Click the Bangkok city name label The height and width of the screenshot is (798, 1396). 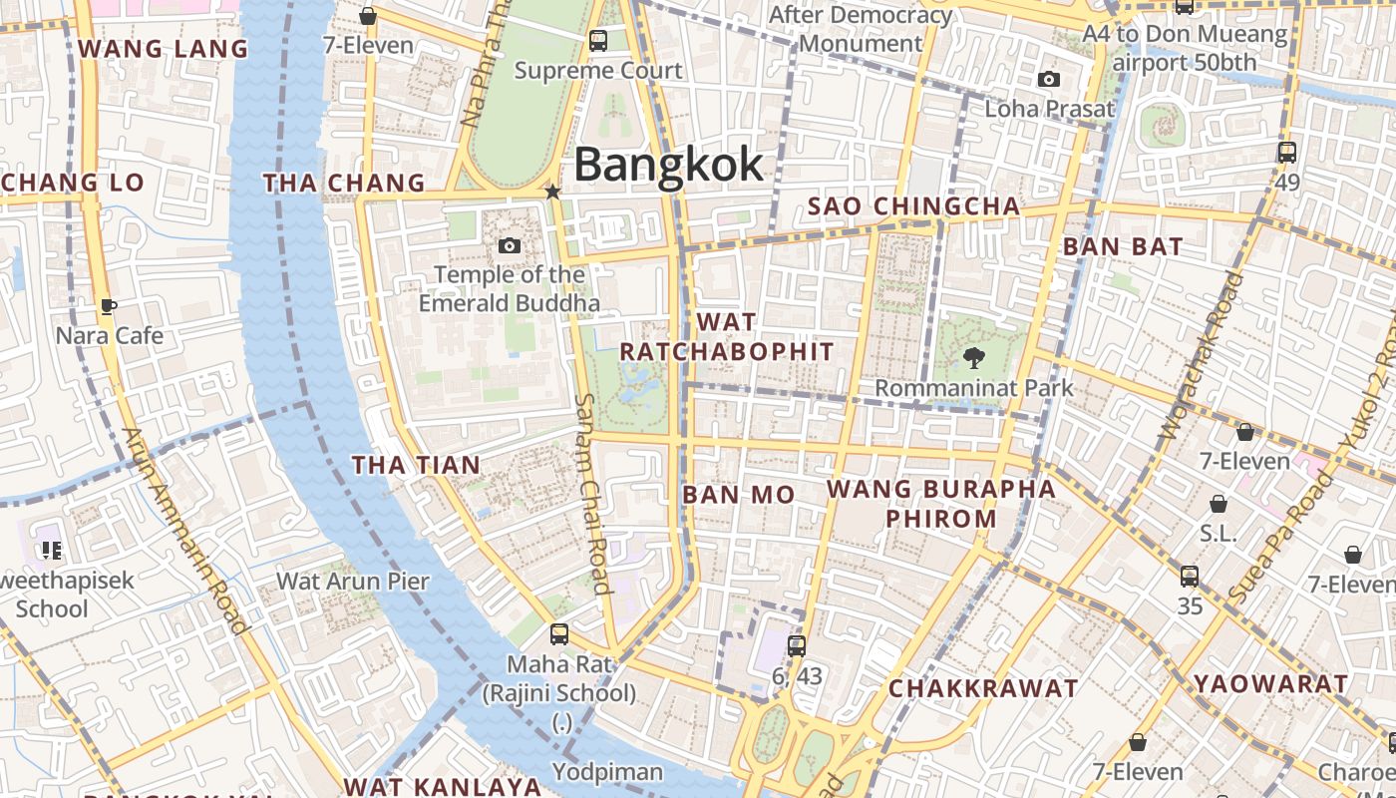pyautogui.click(x=668, y=165)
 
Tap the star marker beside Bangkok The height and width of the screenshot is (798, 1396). pyautogui.click(x=551, y=192)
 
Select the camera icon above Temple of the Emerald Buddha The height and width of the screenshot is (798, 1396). pyautogui.click(x=510, y=245)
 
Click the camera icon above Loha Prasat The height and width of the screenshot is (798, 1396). pyautogui.click(x=1048, y=80)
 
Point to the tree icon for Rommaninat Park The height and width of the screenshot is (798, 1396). pyautogui.click(x=973, y=357)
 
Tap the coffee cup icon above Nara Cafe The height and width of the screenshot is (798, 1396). pyautogui.click(x=109, y=306)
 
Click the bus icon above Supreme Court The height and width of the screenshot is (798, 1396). pyautogui.click(x=598, y=41)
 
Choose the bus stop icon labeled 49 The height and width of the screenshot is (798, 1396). pyautogui.click(x=1287, y=153)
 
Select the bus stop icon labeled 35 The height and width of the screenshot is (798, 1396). pyautogui.click(x=1190, y=577)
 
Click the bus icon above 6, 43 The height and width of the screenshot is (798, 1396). pyautogui.click(x=796, y=645)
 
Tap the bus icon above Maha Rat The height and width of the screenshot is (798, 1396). pyautogui.click(x=559, y=633)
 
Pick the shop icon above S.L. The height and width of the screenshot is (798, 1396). pyautogui.click(x=1219, y=504)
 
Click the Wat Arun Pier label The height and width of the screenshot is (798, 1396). pyautogui.click(x=353, y=581)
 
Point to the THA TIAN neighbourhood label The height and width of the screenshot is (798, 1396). pyautogui.click(x=416, y=465)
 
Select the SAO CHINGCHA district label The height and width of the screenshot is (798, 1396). pyautogui.click(x=913, y=206)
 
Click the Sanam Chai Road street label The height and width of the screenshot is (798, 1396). pyautogui.click(x=592, y=493)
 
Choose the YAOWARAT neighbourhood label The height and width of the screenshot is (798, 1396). pyautogui.click(x=1271, y=684)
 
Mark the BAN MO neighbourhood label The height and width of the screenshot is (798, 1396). pyautogui.click(x=738, y=495)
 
